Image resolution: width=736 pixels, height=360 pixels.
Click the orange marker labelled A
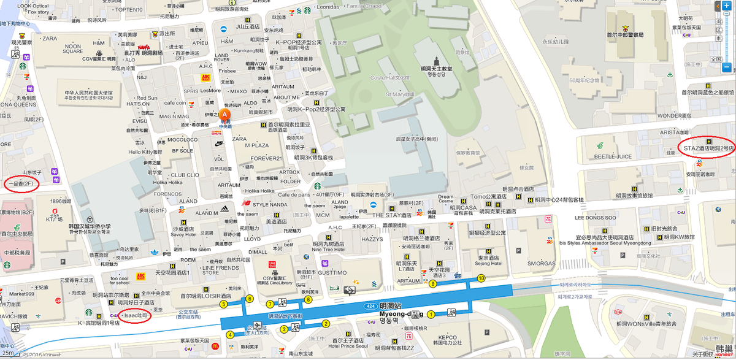point(225,115)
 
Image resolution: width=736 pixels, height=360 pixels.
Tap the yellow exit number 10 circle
point(481,278)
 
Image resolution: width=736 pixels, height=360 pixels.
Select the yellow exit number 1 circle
point(431,315)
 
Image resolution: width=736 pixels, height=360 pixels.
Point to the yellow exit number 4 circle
point(230,335)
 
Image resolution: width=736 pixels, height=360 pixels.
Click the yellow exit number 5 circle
point(223,304)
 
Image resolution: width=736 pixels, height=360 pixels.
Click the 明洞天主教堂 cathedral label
point(436,69)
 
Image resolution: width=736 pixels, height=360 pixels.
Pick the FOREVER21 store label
point(266,158)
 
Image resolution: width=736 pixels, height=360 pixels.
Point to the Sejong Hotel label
point(489,264)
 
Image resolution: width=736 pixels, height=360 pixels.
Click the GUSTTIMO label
point(332,272)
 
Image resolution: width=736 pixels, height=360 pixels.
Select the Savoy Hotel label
point(182,234)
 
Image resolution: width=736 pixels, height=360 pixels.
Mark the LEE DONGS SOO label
point(595,218)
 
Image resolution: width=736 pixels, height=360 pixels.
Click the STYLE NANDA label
point(270,204)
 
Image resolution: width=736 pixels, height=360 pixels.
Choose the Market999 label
point(21,294)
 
